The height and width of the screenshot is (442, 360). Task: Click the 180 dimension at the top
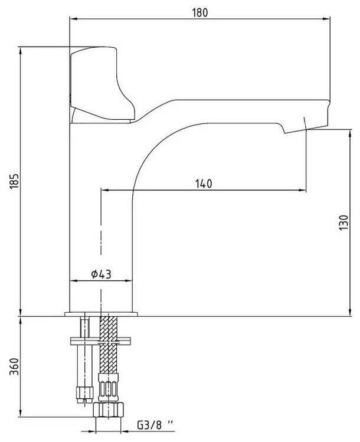click(x=202, y=12)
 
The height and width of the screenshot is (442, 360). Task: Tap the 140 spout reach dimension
click(x=202, y=184)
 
